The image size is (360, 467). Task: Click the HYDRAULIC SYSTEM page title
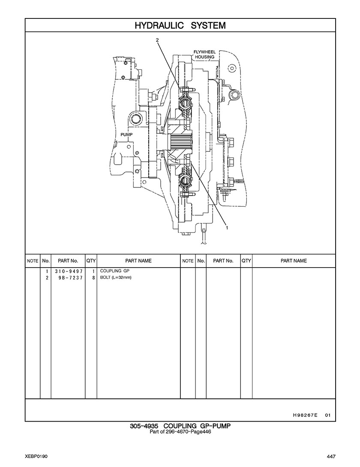[180, 25]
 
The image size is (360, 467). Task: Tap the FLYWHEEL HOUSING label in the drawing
[204, 54]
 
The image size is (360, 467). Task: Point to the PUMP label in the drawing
[126, 135]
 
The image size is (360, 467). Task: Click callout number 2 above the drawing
[157, 40]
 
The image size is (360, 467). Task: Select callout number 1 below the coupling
[227, 228]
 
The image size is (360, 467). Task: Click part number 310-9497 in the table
[69, 271]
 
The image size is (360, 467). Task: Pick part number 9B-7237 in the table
[71, 277]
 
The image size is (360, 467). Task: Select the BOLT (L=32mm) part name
[116, 277]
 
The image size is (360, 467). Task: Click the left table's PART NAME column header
[138, 261]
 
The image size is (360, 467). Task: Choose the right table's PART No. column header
[223, 261]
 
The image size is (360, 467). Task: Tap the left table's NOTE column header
[33, 261]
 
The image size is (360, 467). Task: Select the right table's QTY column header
[246, 261]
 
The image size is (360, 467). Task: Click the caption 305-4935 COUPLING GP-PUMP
[180, 426]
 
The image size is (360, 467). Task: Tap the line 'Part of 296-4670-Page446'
[180, 431]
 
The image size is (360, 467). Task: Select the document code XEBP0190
[36, 456]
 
